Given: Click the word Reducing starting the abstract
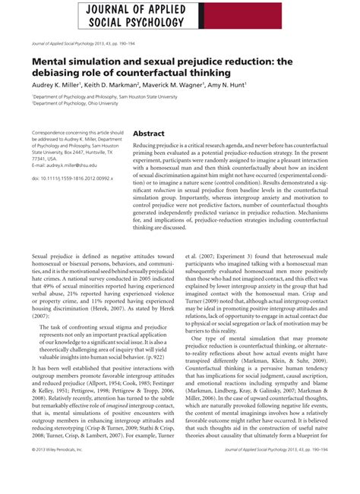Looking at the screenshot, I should (x=150, y=144).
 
